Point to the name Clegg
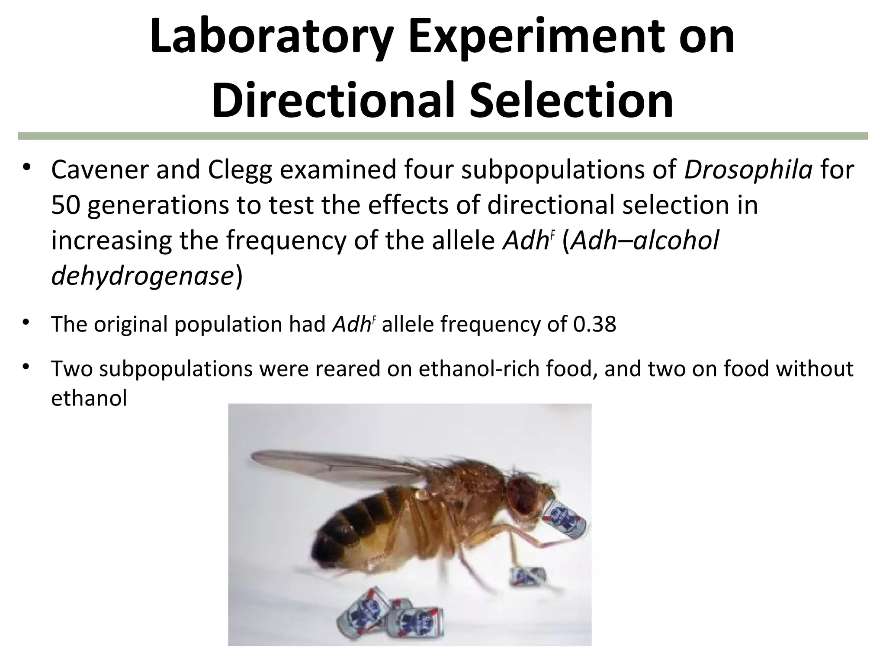point(240,171)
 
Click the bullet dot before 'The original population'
point(26,322)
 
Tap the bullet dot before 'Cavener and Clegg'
point(26,168)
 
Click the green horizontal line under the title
point(443,136)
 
